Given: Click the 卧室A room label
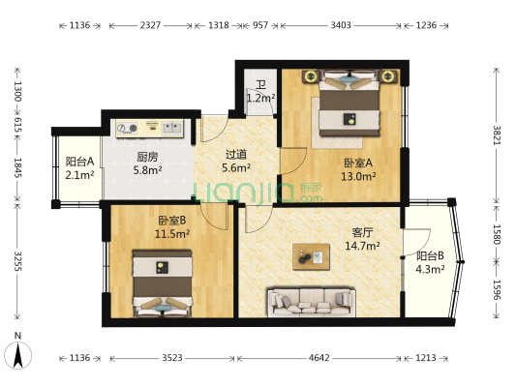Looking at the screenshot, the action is tap(358, 163).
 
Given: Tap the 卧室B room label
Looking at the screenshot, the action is tap(172, 220).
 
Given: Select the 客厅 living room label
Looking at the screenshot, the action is tap(362, 232).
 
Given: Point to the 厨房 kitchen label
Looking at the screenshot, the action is tap(147, 157).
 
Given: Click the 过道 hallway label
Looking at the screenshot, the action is tap(236, 154).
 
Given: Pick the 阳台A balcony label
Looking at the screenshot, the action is tap(79, 162).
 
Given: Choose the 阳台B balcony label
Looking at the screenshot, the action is tap(430, 255).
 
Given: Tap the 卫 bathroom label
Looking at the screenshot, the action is tap(261, 85).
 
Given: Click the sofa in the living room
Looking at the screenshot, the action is tap(312, 303).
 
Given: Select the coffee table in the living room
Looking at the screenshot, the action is tap(312, 256).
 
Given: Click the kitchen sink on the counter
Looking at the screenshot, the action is tap(172, 128).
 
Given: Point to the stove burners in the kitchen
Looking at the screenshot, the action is tap(128, 128).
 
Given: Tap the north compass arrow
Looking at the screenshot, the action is tap(17, 355).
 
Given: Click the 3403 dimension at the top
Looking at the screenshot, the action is tap(341, 25).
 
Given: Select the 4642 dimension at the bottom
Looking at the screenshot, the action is tap(319, 358).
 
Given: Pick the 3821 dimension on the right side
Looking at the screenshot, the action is tap(497, 135).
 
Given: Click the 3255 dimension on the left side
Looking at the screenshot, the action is tap(17, 261).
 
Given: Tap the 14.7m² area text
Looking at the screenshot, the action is tap(362, 246).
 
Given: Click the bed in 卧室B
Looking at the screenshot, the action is tap(163, 283).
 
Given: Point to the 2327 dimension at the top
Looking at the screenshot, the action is tap(150, 25).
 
